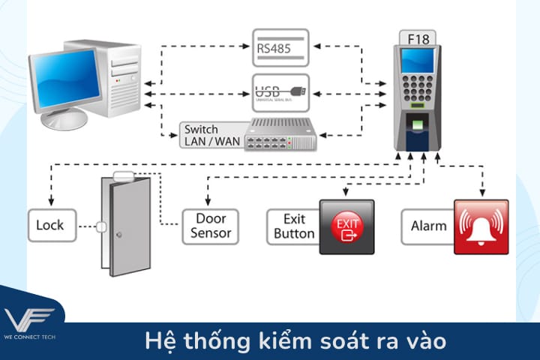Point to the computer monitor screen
(65, 74)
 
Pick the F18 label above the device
(418, 37)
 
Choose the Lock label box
(50, 225)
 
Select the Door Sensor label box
(211, 226)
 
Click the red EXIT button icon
(346, 226)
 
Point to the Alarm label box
(428, 226)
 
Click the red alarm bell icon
(481, 226)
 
